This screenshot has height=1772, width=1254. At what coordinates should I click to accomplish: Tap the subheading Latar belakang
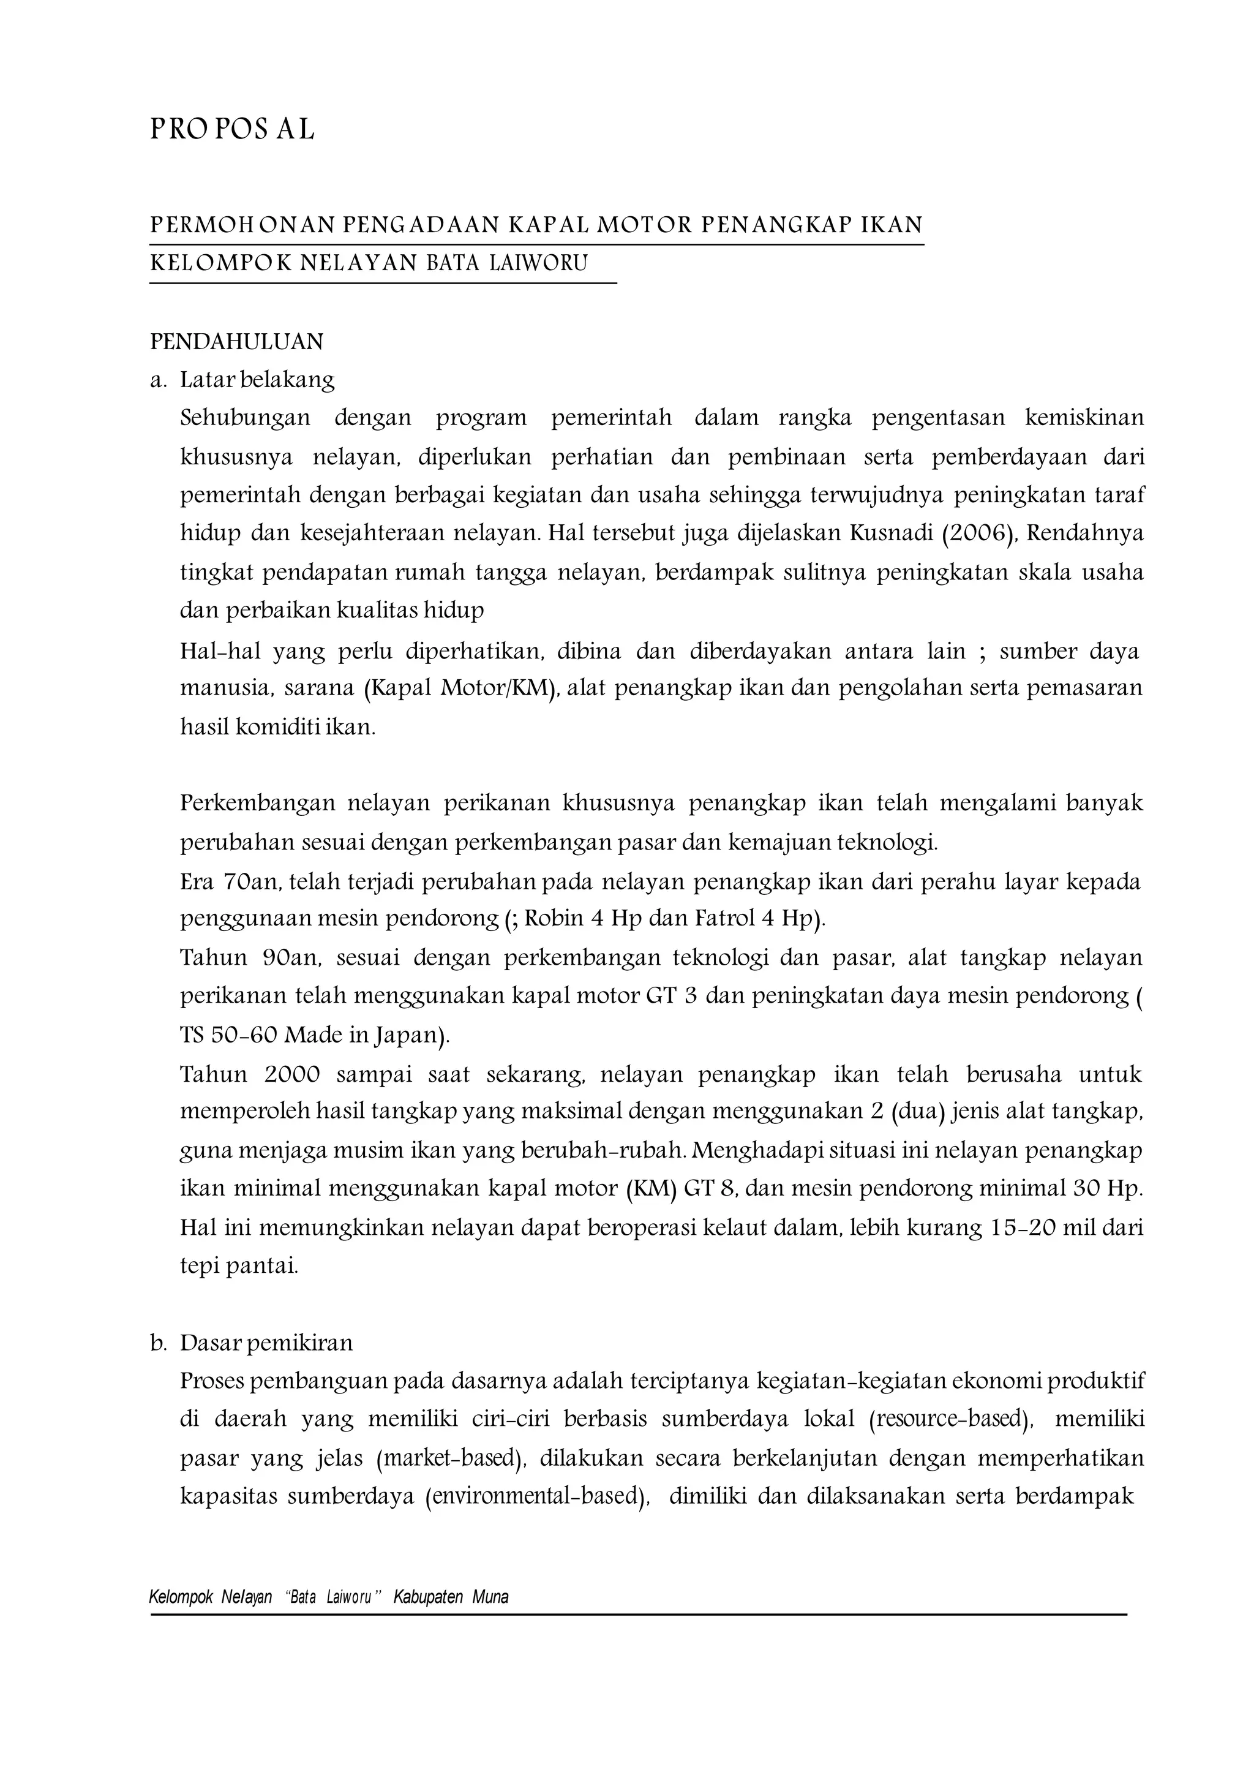[x=257, y=379]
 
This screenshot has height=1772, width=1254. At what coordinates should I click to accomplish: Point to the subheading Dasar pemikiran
[x=266, y=1343]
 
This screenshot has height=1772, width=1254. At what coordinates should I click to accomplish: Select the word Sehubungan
[x=245, y=418]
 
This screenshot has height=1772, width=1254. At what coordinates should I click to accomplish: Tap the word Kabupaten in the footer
[x=428, y=1597]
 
